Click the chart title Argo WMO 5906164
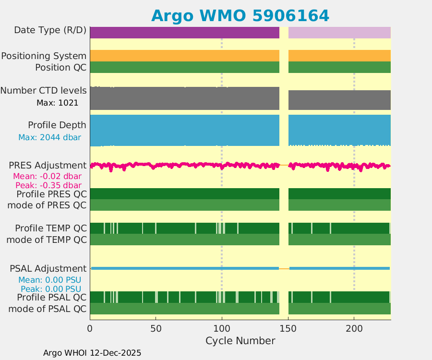240,15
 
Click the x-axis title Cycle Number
240,341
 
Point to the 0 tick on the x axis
90,329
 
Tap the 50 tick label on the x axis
156,329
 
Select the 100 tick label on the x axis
222,329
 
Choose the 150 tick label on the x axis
288,329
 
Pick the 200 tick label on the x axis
354,329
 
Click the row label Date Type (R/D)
50,30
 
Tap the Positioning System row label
44,56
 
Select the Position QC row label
60,67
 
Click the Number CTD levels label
44,91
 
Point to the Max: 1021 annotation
57,103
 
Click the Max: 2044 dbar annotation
49,138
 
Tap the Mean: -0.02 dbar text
47,176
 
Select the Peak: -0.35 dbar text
48,185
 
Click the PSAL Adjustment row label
48,268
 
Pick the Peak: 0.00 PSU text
51,289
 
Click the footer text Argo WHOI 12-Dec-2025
92,353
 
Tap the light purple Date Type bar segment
339,33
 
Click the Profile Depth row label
57,125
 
